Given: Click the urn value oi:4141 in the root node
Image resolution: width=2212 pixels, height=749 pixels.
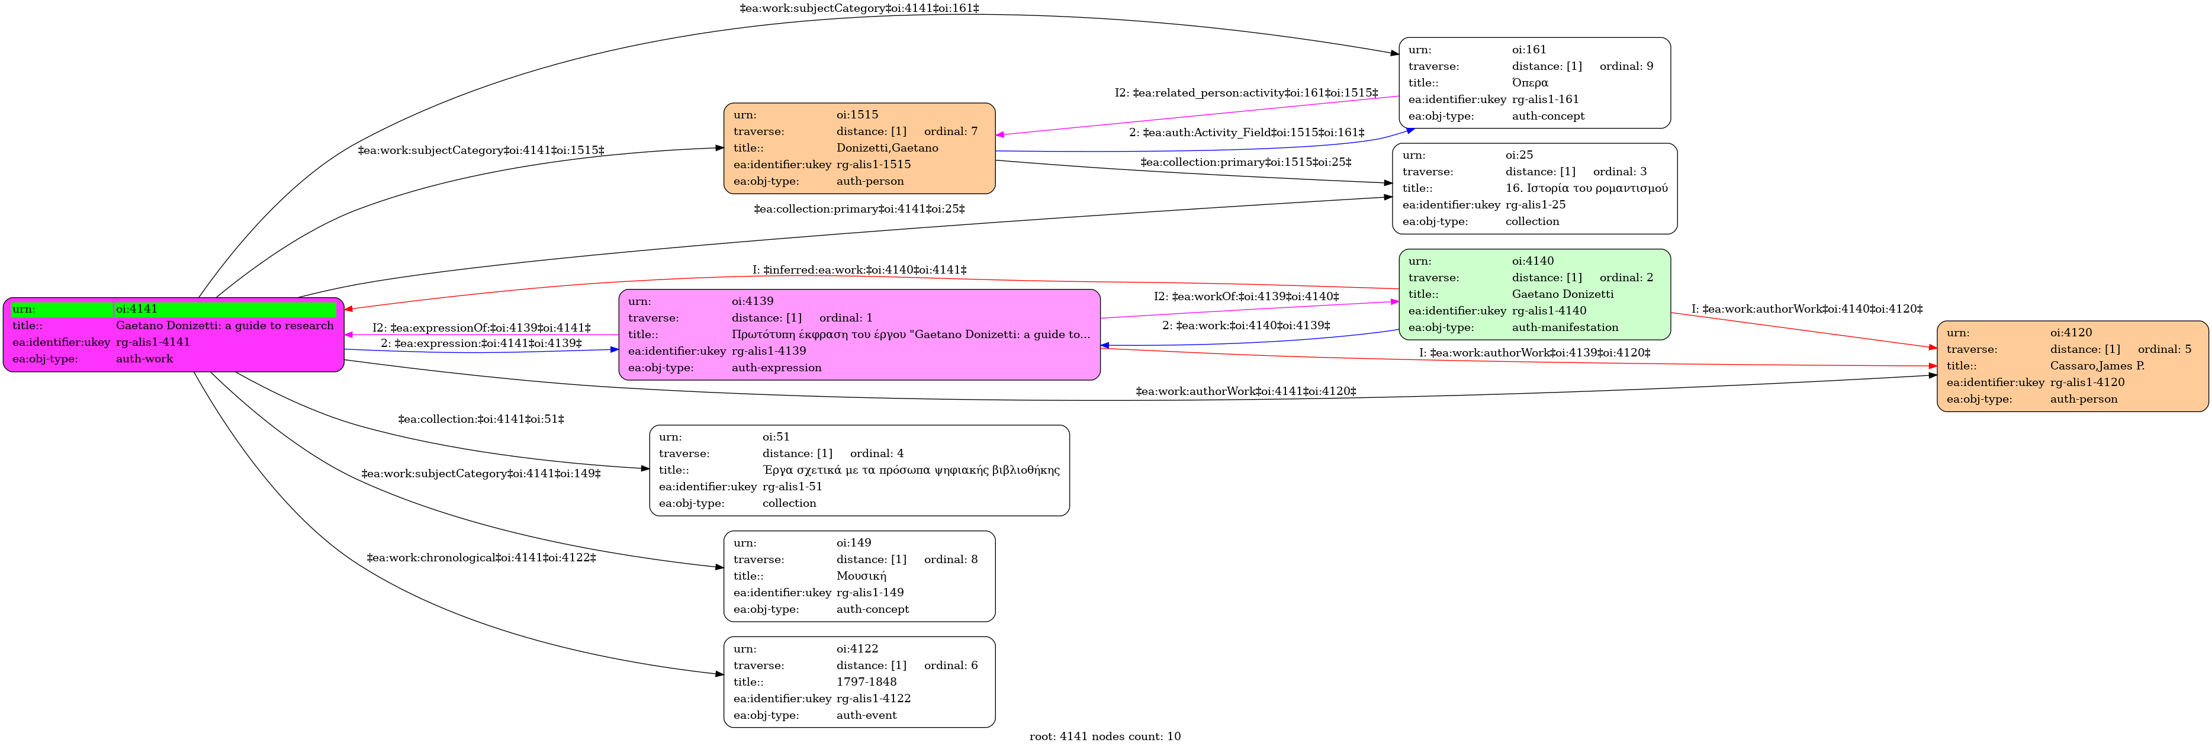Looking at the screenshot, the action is [137, 309].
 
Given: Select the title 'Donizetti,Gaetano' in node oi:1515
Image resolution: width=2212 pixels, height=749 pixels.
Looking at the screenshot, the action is [887, 148].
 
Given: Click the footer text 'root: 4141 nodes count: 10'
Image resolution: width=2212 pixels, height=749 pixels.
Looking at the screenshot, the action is [1105, 736].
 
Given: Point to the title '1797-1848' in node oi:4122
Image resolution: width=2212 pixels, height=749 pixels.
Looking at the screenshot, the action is [866, 682].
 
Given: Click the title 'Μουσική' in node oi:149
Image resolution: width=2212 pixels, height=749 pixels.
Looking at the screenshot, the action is [861, 576].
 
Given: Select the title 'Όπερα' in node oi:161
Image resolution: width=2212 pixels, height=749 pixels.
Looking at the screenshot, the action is [1530, 82].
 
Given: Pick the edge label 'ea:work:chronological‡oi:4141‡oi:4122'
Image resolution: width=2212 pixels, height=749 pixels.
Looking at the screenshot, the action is [481, 557].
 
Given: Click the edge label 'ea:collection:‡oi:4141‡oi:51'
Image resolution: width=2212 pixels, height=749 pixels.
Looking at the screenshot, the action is [481, 419].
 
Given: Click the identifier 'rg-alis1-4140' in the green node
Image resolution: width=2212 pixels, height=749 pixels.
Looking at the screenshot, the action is [1549, 311].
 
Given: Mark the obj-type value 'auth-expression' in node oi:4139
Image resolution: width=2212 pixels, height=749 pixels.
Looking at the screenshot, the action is [776, 368].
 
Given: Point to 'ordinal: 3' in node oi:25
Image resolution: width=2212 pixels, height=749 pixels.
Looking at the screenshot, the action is [1619, 172].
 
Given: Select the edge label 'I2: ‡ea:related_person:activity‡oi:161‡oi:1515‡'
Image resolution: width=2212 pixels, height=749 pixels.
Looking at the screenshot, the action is [1246, 93].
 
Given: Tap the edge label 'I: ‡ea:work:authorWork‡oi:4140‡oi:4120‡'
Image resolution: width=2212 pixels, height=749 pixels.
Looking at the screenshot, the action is [1806, 308].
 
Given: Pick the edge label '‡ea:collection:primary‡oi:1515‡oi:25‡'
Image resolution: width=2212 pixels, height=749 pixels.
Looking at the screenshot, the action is [1245, 162].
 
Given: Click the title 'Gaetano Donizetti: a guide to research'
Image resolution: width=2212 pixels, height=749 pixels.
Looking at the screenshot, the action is [225, 326].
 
